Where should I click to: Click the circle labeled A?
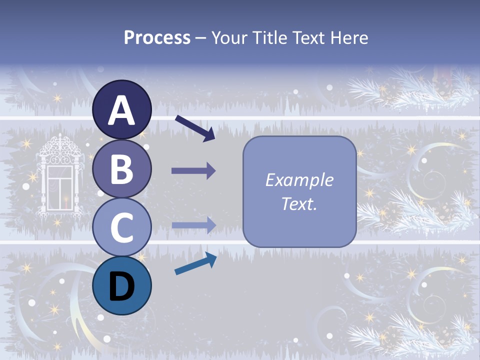click(x=122, y=109)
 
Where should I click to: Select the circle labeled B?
click(x=122, y=168)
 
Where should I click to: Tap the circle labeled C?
click(x=122, y=227)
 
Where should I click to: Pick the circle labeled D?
click(x=122, y=285)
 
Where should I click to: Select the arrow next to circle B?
click(x=193, y=171)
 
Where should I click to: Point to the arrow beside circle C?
click(x=194, y=225)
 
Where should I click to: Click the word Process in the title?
click(x=157, y=37)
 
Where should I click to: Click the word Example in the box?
click(x=299, y=180)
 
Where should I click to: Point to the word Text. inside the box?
click(x=299, y=203)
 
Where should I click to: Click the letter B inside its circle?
click(x=122, y=168)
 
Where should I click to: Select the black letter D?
click(x=122, y=286)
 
